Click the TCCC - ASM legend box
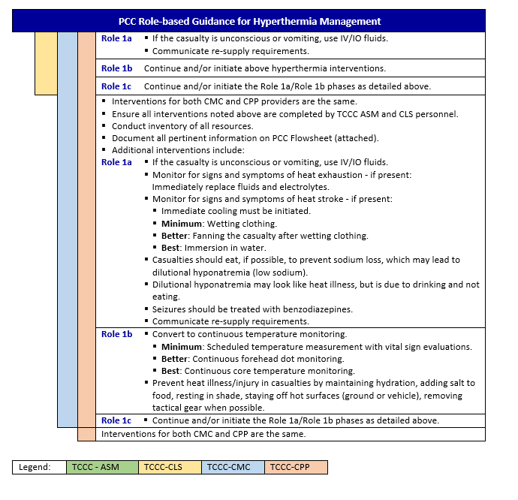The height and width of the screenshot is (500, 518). (x=102, y=467)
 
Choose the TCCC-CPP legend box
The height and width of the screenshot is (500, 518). (x=296, y=467)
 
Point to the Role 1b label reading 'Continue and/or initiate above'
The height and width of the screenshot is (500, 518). (x=116, y=68)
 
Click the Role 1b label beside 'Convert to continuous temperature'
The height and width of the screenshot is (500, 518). (x=116, y=334)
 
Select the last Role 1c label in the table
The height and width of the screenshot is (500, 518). (x=116, y=420)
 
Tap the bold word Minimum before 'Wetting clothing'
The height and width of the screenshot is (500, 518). (x=180, y=224)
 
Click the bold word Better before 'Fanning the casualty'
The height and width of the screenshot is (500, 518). (x=176, y=236)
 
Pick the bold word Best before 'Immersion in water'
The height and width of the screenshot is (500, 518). (x=171, y=248)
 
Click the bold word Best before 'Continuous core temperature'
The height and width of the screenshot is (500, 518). (x=171, y=371)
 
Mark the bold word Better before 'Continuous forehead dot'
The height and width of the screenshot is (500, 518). (x=176, y=359)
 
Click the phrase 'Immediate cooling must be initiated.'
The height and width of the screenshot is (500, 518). (x=236, y=212)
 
